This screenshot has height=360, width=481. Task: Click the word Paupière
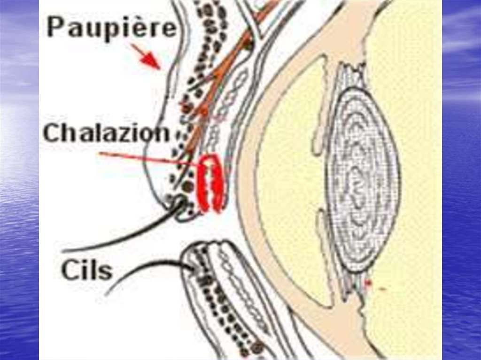112,28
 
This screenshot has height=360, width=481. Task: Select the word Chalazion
106,133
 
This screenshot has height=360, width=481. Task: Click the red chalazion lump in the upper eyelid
211,184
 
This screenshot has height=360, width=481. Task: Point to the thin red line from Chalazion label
146,158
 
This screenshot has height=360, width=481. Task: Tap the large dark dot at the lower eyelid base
257,348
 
